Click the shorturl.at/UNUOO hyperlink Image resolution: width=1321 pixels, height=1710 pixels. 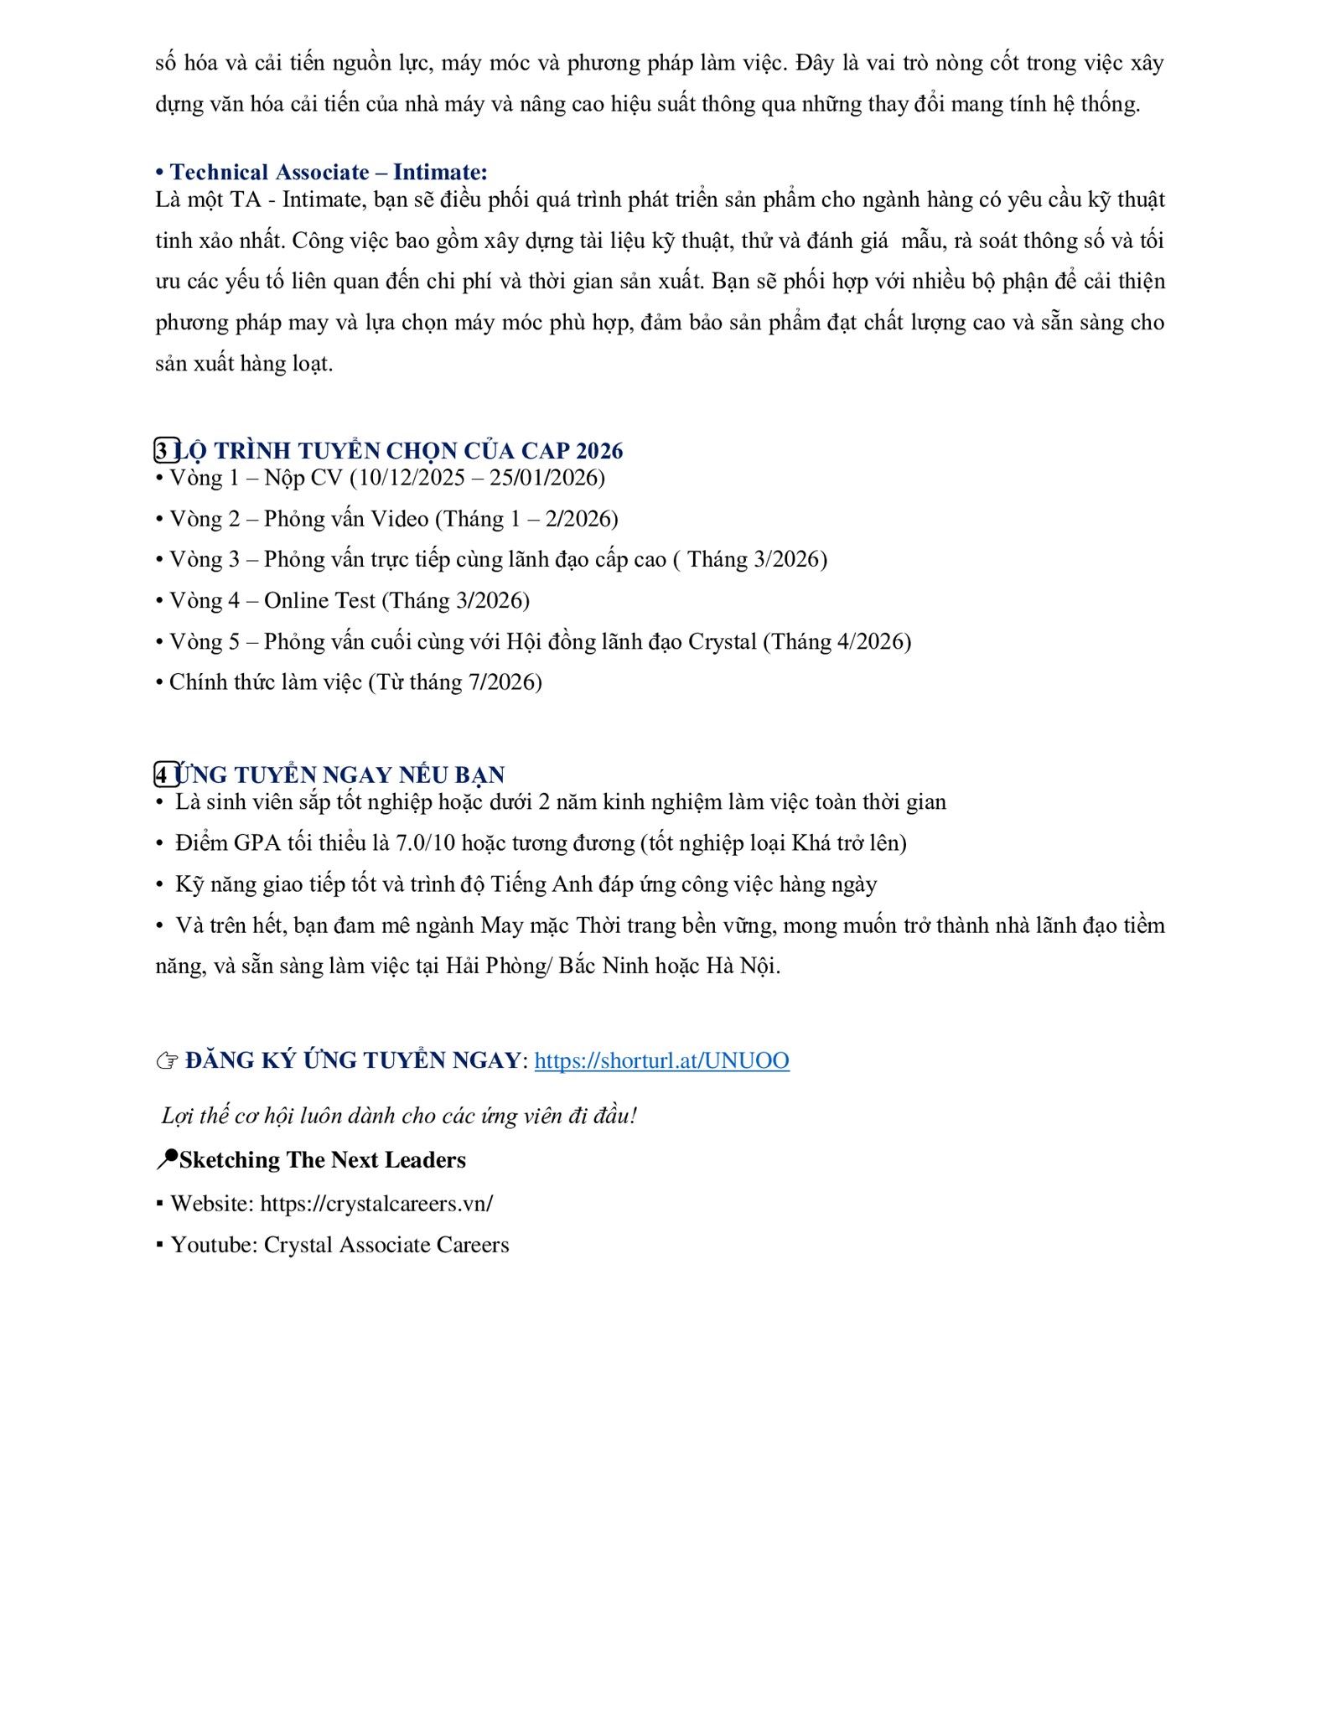(x=661, y=1060)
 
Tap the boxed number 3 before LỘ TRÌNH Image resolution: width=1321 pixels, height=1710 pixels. (x=163, y=451)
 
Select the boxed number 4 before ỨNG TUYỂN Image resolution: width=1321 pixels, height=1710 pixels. (x=163, y=774)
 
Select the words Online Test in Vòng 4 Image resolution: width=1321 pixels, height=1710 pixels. (x=319, y=600)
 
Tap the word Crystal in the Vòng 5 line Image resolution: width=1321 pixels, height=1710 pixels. (x=722, y=641)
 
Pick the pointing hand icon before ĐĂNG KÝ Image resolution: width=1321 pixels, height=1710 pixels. (x=167, y=1061)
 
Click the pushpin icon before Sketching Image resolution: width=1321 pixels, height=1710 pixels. (x=167, y=1159)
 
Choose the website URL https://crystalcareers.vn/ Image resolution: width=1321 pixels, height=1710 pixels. (x=376, y=1204)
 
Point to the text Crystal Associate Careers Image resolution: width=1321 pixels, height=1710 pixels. (x=386, y=1245)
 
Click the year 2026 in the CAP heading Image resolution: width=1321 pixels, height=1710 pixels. (x=599, y=451)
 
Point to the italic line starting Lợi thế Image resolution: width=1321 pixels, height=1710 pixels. (x=399, y=1116)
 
